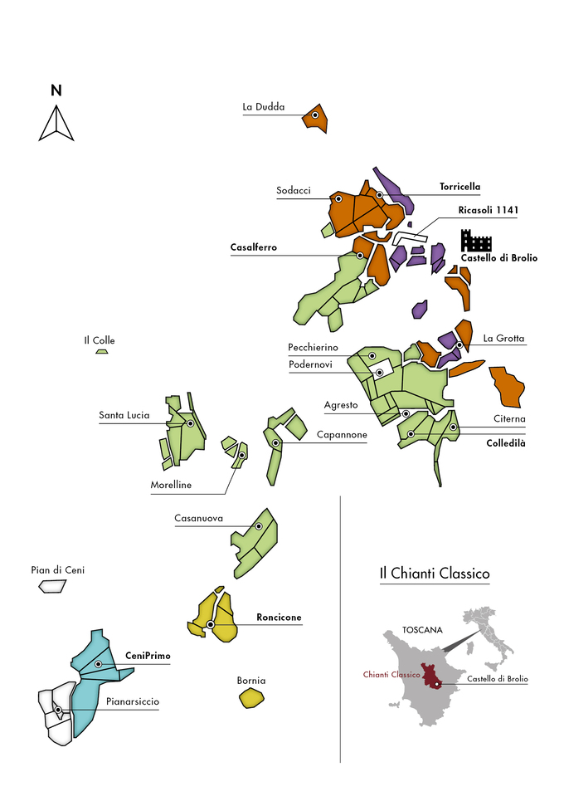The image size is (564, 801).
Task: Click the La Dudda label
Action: click(x=264, y=107)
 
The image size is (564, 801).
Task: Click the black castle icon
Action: click(x=476, y=240)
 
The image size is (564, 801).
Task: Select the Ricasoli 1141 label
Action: click(x=489, y=210)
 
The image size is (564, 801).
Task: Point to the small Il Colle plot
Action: click(x=102, y=351)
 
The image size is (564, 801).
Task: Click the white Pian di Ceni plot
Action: click(x=52, y=586)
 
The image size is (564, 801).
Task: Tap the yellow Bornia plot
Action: click(x=251, y=698)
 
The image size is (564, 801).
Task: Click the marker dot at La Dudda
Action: click(x=315, y=115)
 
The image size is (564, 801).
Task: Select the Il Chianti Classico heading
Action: click(x=435, y=574)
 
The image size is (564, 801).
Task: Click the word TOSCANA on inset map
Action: click(x=422, y=630)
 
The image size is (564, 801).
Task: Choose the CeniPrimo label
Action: click(x=148, y=656)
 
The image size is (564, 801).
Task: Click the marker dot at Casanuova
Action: click(x=259, y=526)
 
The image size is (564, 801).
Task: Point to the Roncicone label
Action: click(x=279, y=617)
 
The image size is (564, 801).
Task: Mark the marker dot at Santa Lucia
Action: click(x=191, y=423)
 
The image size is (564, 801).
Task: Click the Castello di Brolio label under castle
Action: click(x=499, y=258)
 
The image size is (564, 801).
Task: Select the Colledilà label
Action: click(x=506, y=443)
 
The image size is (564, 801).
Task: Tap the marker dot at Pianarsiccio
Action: click(x=58, y=710)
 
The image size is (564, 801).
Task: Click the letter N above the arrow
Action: click(x=56, y=90)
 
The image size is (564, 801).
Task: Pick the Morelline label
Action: click(x=171, y=485)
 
